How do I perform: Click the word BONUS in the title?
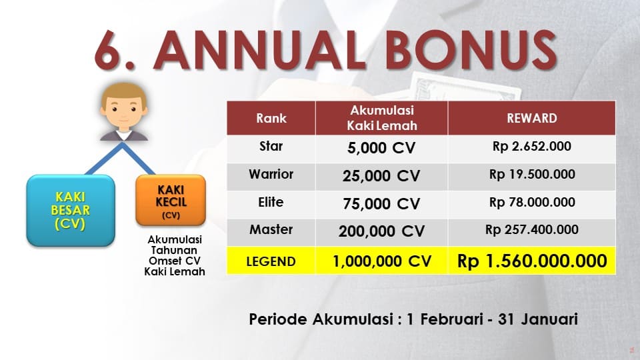click(471, 50)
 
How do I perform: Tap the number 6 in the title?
click(110, 50)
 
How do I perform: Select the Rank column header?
click(271, 119)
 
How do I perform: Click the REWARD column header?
click(532, 119)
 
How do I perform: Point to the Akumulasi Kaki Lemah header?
click(381, 119)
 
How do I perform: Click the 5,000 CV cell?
click(381, 148)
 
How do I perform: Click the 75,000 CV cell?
click(381, 204)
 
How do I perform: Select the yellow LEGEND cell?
click(271, 261)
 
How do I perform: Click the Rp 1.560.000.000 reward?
click(532, 261)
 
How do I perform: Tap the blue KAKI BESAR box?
click(71, 210)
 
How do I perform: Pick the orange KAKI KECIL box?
click(171, 201)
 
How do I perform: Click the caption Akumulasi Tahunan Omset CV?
click(175, 250)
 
